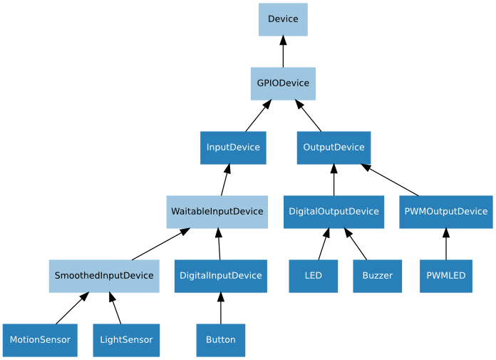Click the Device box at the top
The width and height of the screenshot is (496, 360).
(283, 19)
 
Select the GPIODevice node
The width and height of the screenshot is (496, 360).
(283, 83)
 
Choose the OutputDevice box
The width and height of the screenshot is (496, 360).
(334, 148)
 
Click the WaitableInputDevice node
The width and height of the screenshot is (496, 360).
(217, 212)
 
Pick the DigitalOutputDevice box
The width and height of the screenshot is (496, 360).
(334, 212)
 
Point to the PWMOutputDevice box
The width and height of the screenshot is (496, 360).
(446, 212)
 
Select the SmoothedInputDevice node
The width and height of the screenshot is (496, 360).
(104, 276)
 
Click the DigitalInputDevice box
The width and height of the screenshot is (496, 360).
(221, 276)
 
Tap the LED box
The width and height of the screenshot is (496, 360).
(313, 276)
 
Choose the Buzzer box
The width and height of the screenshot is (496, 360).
(377, 276)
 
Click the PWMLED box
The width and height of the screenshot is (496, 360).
(446, 276)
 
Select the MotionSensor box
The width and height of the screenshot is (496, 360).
(40, 340)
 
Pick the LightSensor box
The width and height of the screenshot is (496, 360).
(126, 340)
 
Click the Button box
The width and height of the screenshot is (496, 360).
(221, 340)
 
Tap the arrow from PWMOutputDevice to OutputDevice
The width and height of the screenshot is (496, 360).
(390, 180)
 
